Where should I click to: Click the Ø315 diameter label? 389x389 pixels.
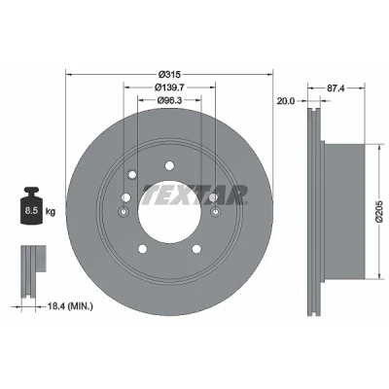169,75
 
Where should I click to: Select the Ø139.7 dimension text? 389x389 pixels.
169,88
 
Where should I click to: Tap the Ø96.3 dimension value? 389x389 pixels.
169,100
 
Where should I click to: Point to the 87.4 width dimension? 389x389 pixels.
336,88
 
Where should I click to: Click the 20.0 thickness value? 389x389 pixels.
286,101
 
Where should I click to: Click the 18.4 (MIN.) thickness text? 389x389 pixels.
70,305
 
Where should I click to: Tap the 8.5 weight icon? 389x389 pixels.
32,205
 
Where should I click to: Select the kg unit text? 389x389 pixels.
51,212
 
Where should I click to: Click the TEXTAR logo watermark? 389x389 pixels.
195,195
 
